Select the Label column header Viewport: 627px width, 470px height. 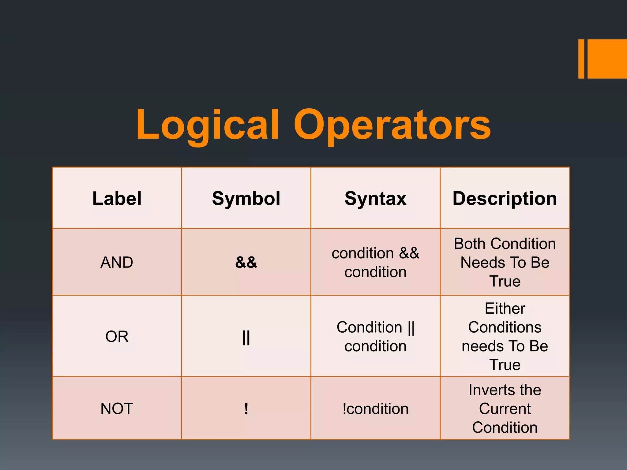(x=117, y=198)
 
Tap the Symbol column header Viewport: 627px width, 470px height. (x=246, y=198)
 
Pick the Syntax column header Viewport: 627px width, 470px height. (x=375, y=198)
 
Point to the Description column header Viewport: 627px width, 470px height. (x=505, y=198)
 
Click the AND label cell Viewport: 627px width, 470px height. (x=117, y=262)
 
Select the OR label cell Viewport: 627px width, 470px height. (x=117, y=336)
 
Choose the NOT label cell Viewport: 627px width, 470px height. (x=117, y=408)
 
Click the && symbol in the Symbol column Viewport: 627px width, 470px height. (x=246, y=262)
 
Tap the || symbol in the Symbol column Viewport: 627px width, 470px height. (x=246, y=338)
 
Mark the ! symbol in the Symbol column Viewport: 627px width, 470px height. (x=246, y=408)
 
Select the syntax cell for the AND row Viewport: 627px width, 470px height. (x=375, y=263)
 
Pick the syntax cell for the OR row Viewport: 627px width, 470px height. (x=375, y=337)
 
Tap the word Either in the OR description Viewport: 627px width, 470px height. (x=505, y=308)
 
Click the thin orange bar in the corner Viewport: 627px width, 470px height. (x=581, y=59)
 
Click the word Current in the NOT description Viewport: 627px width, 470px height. (x=505, y=409)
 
